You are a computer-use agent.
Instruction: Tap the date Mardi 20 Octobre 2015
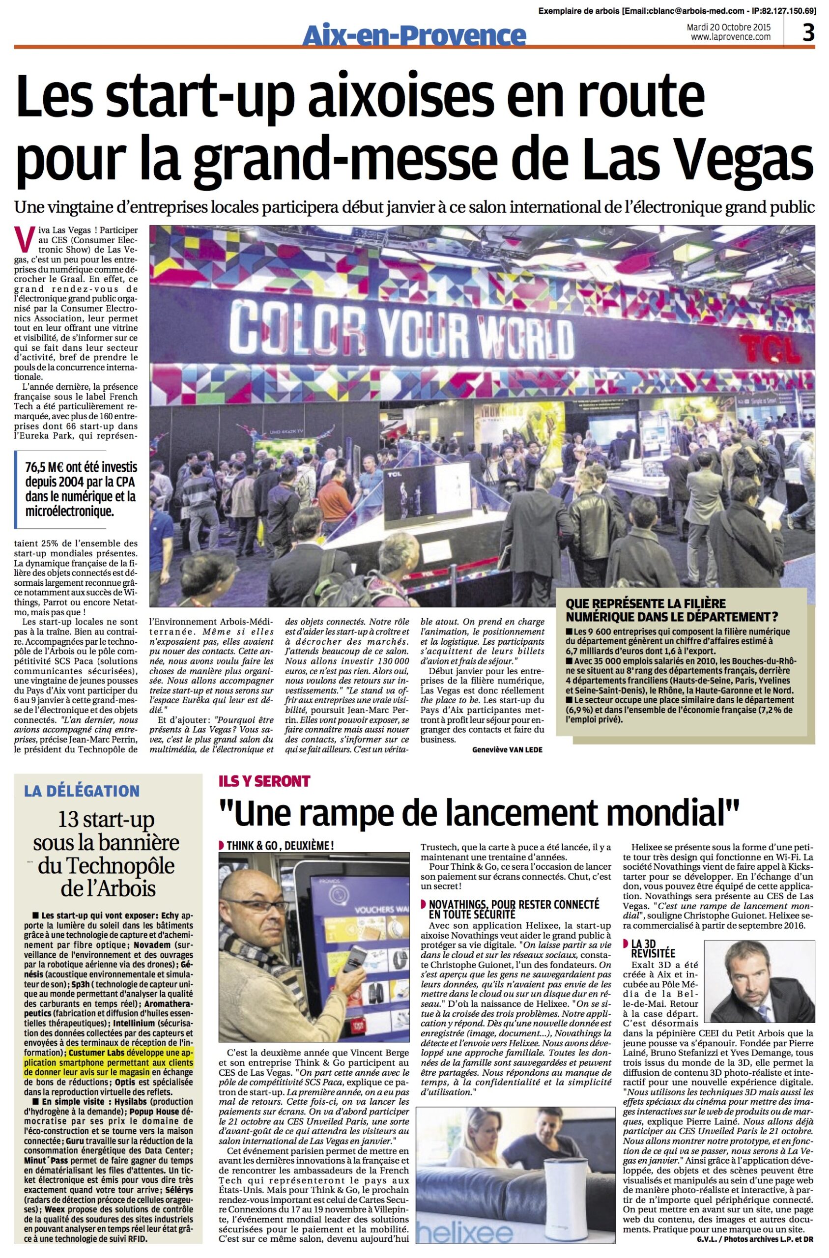[728, 27]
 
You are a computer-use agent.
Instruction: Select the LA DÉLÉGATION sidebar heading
[82, 791]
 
